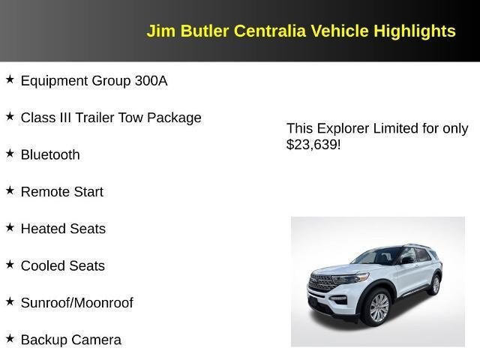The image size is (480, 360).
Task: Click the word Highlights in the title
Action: pyautogui.click(x=415, y=31)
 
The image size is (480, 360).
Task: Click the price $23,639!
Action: pyautogui.click(x=313, y=145)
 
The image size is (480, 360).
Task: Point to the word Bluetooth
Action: pyautogui.click(x=50, y=155)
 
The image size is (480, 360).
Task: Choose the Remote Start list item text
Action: pyautogui.click(x=62, y=192)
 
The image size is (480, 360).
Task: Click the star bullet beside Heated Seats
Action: pyautogui.click(x=10, y=226)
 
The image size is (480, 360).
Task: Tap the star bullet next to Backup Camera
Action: pyautogui.click(x=10, y=337)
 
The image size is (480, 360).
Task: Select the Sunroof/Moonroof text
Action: pyautogui.click(x=76, y=303)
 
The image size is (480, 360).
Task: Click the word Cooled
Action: pyautogui.click(x=42, y=266)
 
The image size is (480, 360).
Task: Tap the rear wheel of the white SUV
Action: pyautogui.click(x=435, y=284)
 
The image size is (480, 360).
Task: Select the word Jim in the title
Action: pyautogui.click(x=158, y=31)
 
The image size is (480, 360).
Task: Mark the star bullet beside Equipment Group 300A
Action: pyautogui.click(x=10, y=79)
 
